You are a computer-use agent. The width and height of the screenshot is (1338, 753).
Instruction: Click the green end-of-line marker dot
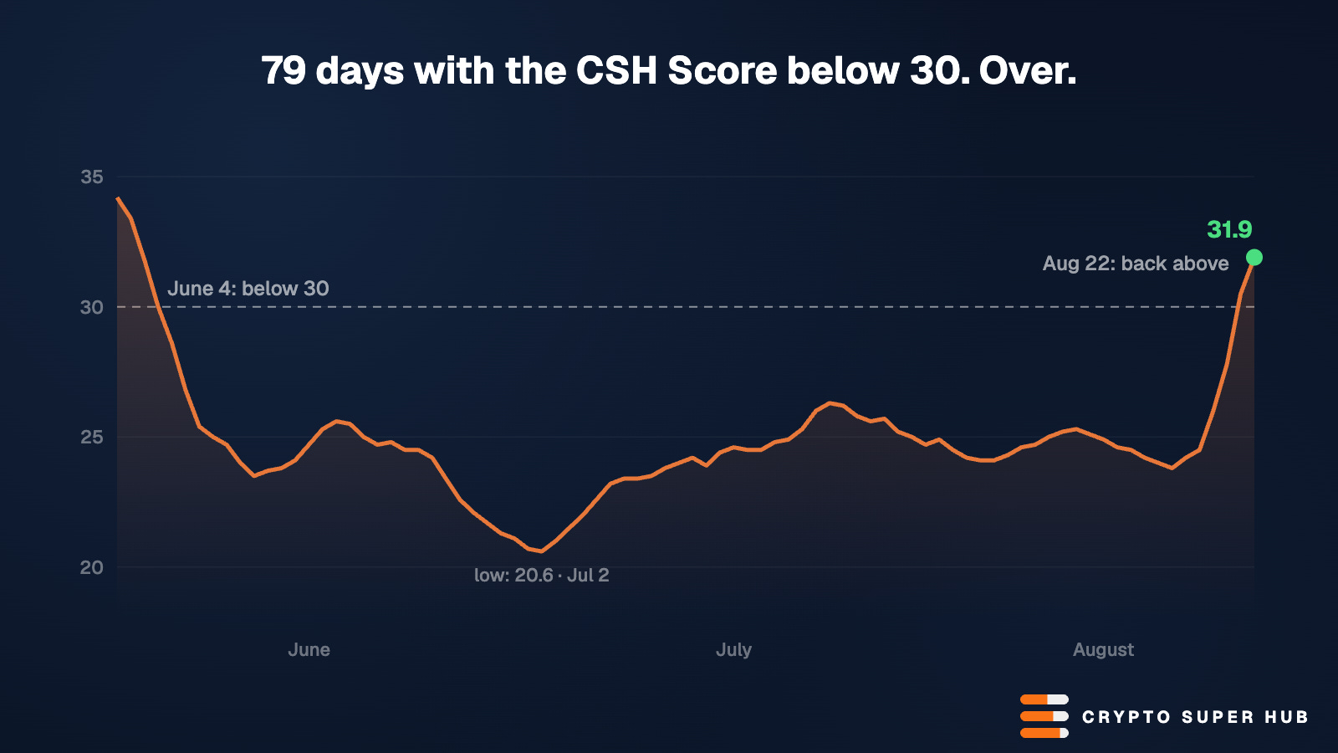pyautogui.click(x=1254, y=258)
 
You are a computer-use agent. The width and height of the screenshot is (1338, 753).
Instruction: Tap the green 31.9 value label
pyautogui.click(x=1229, y=229)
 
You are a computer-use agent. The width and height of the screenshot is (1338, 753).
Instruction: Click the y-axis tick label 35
pyautogui.click(x=91, y=177)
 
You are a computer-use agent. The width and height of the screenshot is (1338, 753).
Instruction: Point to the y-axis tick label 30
pyautogui.click(x=91, y=307)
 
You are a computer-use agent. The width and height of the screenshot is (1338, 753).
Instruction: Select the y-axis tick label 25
pyautogui.click(x=91, y=438)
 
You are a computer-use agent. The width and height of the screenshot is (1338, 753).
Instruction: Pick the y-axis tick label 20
pyautogui.click(x=91, y=568)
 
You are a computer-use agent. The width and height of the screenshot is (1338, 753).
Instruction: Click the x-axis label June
pyautogui.click(x=309, y=649)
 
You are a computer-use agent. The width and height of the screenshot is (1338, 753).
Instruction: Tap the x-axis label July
pyautogui.click(x=733, y=650)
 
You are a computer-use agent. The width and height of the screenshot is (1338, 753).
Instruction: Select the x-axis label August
pyautogui.click(x=1103, y=650)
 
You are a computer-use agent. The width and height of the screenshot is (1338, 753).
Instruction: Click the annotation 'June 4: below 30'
pyautogui.click(x=248, y=289)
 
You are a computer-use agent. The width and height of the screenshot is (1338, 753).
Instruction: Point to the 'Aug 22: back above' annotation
pyautogui.click(x=1136, y=264)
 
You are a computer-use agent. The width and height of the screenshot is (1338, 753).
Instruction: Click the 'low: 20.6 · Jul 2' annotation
pyautogui.click(x=542, y=576)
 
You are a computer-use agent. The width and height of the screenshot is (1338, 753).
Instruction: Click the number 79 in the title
pyautogui.click(x=283, y=70)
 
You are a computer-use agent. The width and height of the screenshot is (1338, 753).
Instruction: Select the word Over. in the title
pyautogui.click(x=1028, y=70)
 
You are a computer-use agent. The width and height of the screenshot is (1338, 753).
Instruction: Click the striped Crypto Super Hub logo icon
pyautogui.click(x=1044, y=716)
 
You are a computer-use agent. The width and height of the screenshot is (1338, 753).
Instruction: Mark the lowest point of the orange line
pyautogui.click(x=541, y=551)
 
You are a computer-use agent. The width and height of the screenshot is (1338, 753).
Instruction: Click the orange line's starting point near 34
pyautogui.click(x=118, y=197)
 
